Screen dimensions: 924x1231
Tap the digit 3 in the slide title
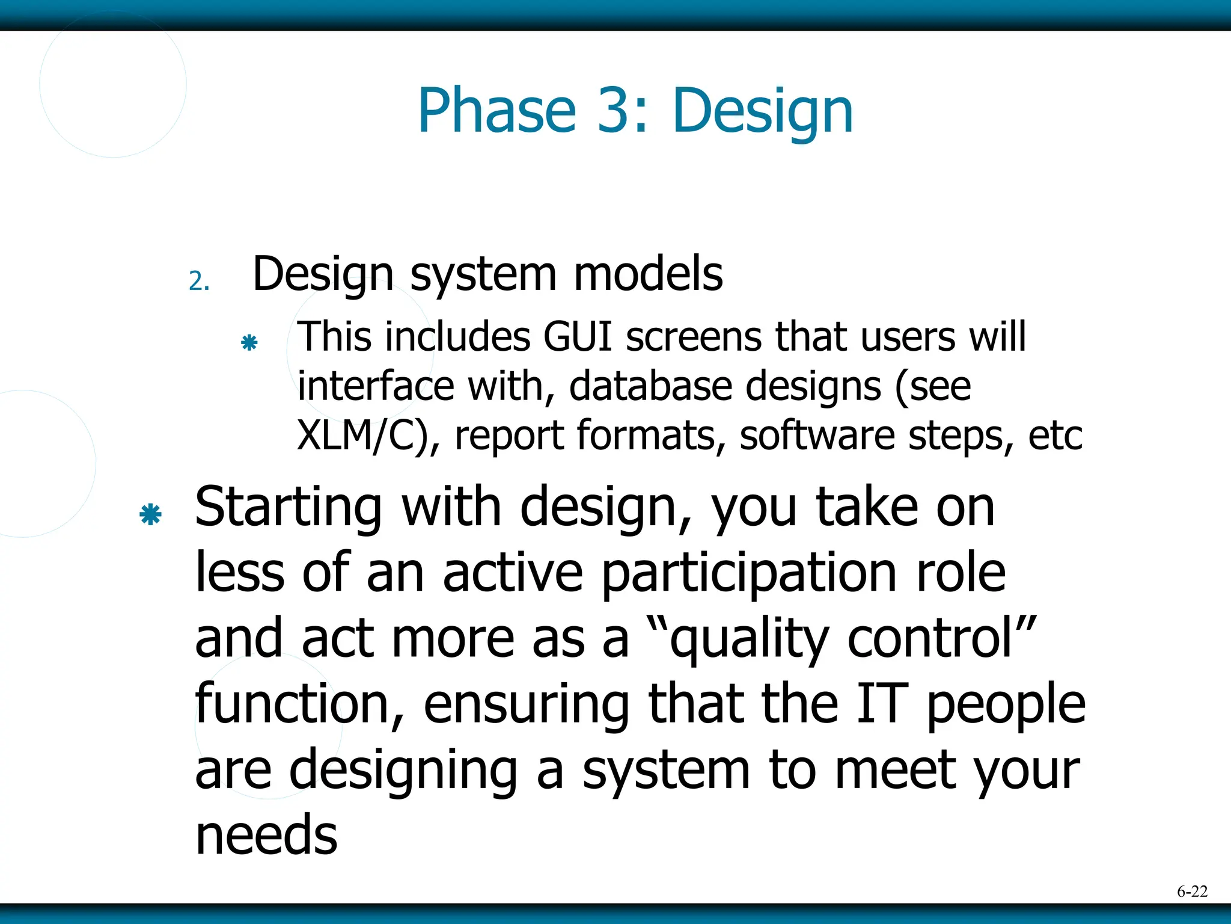point(615,111)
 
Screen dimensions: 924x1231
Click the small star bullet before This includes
point(249,343)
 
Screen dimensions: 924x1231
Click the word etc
point(1055,435)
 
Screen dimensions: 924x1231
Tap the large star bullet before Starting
point(150,515)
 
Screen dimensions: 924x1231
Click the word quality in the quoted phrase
point(748,640)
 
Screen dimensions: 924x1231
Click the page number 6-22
point(1192,891)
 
